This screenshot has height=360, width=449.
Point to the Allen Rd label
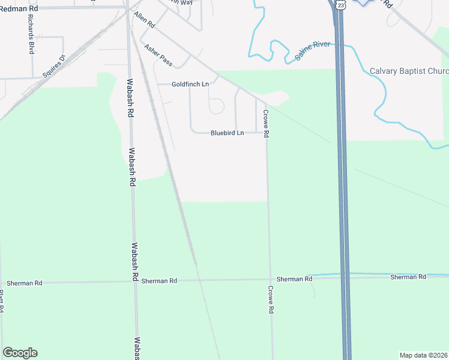tap(145, 20)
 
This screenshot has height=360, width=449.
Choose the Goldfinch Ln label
tap(190, 84)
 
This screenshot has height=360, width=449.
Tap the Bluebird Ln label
tap(227, 133)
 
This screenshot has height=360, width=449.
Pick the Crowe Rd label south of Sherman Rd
tap(271, 299)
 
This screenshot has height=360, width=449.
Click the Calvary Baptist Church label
tap(408, 71)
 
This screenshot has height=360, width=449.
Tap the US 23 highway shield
tap(340, 4)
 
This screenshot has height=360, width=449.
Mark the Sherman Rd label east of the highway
tap(408, 277)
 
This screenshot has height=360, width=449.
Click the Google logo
tap(20, 353)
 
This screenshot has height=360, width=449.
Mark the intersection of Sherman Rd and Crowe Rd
tap(270, 279)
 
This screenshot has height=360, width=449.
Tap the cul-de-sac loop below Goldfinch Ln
tap(216, 107)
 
